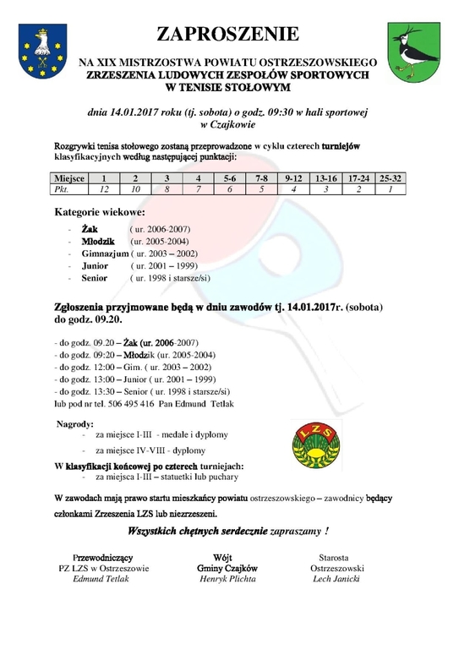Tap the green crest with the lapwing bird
pos(411,51)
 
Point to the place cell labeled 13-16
pos(325,179)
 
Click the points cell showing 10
pos(135,190)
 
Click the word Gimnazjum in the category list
pos(105,253)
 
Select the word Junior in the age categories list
pos(95,265)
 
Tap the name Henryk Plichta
pos(223,579)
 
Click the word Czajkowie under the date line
pos(232,124)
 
